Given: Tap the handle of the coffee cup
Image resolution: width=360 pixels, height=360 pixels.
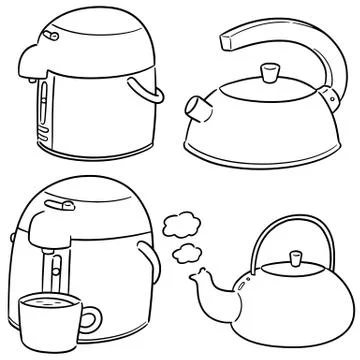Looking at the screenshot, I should pyautogui.click(x=89, y=321).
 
